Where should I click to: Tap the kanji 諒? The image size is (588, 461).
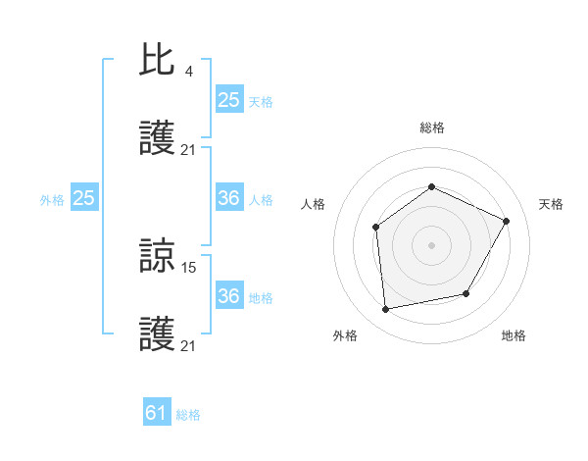157,256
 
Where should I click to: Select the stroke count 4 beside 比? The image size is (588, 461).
188,71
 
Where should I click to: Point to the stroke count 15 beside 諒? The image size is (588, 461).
190,266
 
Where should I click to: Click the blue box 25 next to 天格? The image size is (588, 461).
228,99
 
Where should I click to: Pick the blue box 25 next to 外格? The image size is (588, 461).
83,198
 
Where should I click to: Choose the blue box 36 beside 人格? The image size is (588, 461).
228,198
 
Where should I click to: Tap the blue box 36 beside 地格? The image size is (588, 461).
228,296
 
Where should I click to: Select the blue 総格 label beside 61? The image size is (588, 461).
188,415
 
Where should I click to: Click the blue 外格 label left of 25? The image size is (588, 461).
52,200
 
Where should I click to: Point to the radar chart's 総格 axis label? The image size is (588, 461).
431,128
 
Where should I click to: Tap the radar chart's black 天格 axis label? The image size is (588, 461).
552,204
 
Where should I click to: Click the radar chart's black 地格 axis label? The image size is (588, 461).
514,335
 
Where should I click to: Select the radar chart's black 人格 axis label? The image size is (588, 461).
313,204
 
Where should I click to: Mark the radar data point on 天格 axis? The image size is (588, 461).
507,221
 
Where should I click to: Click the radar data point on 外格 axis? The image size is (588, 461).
386,309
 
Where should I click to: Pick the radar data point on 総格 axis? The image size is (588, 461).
431,186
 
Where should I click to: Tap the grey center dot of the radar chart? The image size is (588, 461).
431,245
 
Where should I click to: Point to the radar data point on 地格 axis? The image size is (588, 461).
466,293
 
